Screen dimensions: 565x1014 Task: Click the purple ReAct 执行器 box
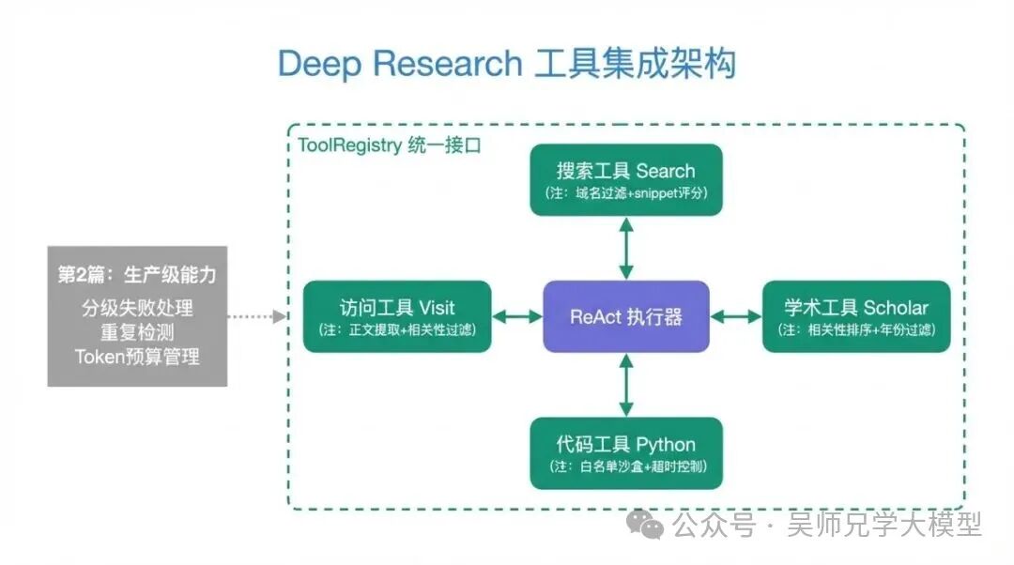[626, 316]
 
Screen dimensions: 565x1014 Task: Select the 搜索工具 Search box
[626, 179]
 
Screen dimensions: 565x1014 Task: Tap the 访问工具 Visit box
[397, 316]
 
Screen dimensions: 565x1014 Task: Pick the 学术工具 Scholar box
[855, 316]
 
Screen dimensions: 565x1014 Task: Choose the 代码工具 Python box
[626, 453]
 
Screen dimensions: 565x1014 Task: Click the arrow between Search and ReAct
[626, 248]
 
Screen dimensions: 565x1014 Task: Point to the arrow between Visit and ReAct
[517, 317]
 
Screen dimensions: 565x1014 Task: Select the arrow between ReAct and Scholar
[736, 317]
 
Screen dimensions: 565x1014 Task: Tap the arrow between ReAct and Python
[626, 385]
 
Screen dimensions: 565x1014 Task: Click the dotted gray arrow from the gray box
[257, 317]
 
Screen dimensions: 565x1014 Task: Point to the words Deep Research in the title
[400, 64]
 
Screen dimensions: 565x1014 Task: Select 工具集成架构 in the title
[635, 64]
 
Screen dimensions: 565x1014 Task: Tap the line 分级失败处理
[137, 308]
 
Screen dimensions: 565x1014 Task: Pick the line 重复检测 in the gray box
[137, 332]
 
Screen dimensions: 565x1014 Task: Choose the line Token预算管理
[137, 357]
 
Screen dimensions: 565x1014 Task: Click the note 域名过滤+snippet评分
[626, 193]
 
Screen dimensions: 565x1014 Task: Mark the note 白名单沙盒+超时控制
[626, 467]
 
